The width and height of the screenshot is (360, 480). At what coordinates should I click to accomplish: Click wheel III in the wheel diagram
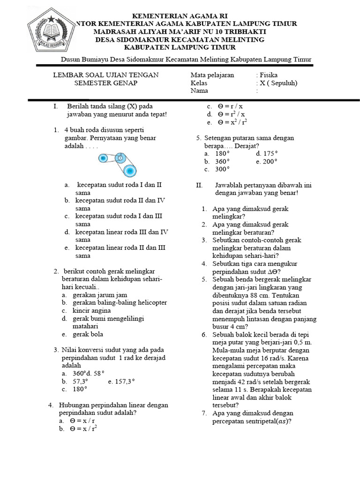[x=104, y=158]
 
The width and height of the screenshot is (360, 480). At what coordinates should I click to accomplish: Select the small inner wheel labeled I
[x=120, y=158]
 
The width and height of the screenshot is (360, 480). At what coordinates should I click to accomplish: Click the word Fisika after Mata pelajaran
[x=269, y=75]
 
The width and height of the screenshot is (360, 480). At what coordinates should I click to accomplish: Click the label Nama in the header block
[x=199, y=91]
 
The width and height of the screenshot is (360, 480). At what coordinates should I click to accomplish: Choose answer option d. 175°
[x=267, y=153]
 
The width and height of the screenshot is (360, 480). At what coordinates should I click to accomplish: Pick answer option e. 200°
[x=267, y=161]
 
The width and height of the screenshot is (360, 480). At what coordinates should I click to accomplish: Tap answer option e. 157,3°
[x=121, y=382]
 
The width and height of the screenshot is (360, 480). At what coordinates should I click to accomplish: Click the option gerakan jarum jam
[x=100, y=295]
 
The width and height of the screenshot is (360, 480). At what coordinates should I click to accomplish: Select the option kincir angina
[x=92, y=310]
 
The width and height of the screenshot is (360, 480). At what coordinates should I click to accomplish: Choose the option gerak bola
[x=88, y=334]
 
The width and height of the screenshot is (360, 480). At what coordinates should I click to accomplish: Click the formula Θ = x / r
[x=85, y=421]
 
